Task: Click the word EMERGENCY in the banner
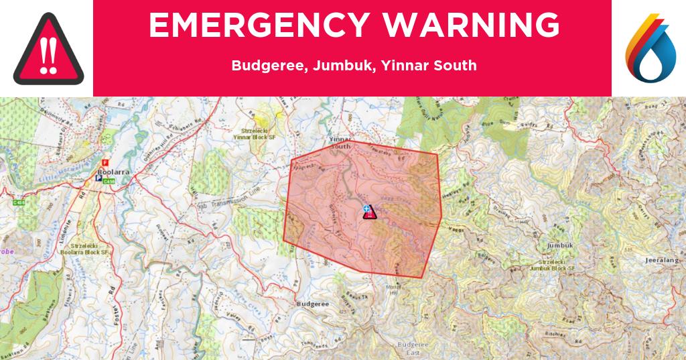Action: point(253,26)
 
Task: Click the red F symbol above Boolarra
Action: point(104,162)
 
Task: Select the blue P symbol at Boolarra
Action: point(99,179)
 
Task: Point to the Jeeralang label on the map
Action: point(662,257)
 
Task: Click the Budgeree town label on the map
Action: point(312,304)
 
